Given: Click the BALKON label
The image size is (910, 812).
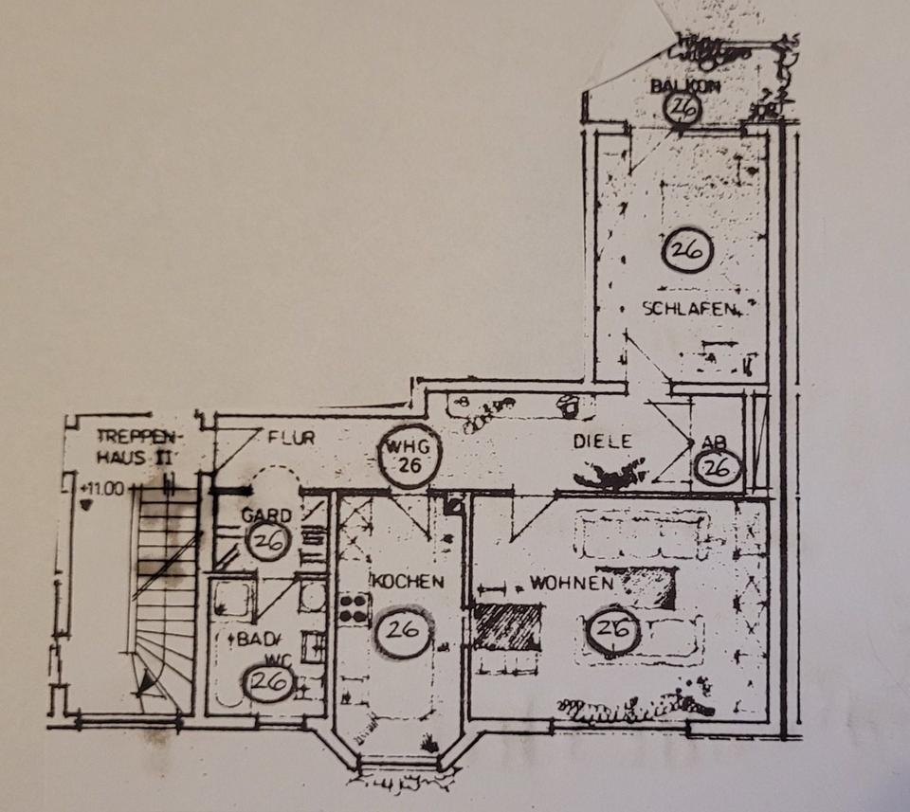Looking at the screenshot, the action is tap(685, 86).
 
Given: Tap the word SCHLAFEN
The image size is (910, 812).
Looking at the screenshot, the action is tap(690, 308).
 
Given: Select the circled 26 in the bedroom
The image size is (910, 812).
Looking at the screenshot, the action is tap(687, 250).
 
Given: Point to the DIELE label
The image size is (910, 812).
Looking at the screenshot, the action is tap(602, 441).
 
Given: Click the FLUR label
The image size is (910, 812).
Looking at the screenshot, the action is tap(290, 438).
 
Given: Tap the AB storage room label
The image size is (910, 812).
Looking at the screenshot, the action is tap(713, 442).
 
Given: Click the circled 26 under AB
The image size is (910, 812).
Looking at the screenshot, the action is tap(718, 466).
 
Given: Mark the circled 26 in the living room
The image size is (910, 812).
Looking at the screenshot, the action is tap(613, 630).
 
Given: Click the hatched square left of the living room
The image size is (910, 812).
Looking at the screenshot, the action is tap(507, 627).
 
